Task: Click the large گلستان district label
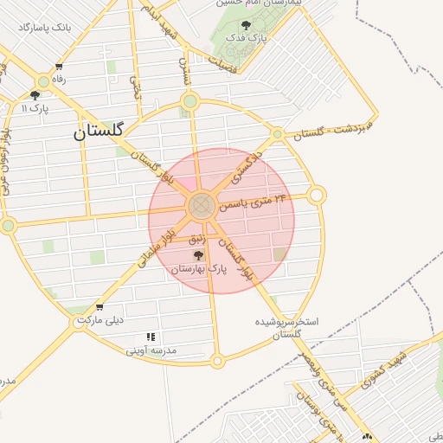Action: tap(99, 132)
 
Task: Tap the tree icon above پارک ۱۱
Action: tap(35, 95)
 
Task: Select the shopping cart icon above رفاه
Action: tap(59, 67)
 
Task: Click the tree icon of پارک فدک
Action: tap(247, 25)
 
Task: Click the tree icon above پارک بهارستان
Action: tap(199, 256)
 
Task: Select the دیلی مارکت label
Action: tap(100, 320)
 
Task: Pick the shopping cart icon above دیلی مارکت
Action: tap(100, 307)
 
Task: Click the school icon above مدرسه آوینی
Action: tap(151, 337)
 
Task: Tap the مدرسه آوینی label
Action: tap(151, 350)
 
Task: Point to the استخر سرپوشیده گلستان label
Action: tap(286, 327)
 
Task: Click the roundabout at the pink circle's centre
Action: tap(202, 206)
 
